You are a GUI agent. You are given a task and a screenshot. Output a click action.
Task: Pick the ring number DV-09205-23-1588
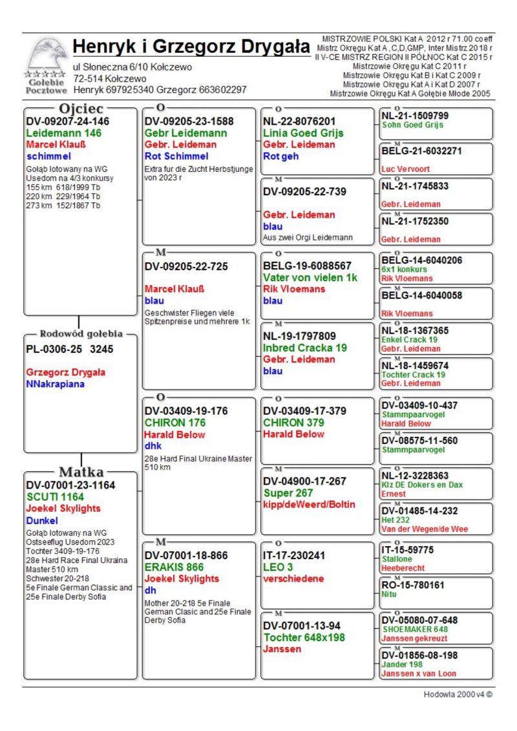(x=189, y=121)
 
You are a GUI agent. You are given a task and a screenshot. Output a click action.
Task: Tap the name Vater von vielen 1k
(x=310, y=277)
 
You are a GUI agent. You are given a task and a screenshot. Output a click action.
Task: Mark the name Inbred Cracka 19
(x=305, y=348)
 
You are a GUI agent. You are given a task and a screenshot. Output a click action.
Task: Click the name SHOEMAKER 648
(x=415, y=629)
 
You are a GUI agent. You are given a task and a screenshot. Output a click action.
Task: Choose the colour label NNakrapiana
(x=56, y=385)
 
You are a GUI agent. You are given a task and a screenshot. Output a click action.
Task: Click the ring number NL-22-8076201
(x=299, y=121)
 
